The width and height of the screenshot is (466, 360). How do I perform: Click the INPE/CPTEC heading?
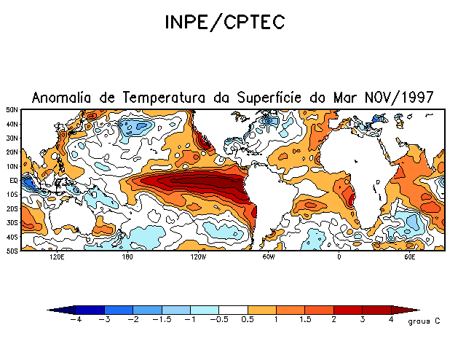pos(224,22)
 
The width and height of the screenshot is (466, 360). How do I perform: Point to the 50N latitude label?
pos(12,110)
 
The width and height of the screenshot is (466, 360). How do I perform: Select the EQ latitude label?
pos(14,180)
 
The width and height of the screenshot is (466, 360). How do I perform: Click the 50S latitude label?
pos(12,251)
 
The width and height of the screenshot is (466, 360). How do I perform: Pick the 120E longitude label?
pos(57,257)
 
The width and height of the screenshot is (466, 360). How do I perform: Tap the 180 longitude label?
pos(127,257)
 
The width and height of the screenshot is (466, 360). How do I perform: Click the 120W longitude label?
pos(198,257)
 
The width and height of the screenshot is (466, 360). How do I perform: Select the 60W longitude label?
pos(268,257)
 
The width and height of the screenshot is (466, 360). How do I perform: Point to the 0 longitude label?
pos(339,257)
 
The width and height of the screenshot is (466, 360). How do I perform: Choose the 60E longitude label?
pos(408,257)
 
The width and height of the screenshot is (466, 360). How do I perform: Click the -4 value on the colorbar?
pos(75,320)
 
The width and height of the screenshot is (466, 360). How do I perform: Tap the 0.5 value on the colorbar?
pos(248,320)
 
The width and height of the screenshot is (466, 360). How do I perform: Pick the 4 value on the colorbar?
pos(391,320)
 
